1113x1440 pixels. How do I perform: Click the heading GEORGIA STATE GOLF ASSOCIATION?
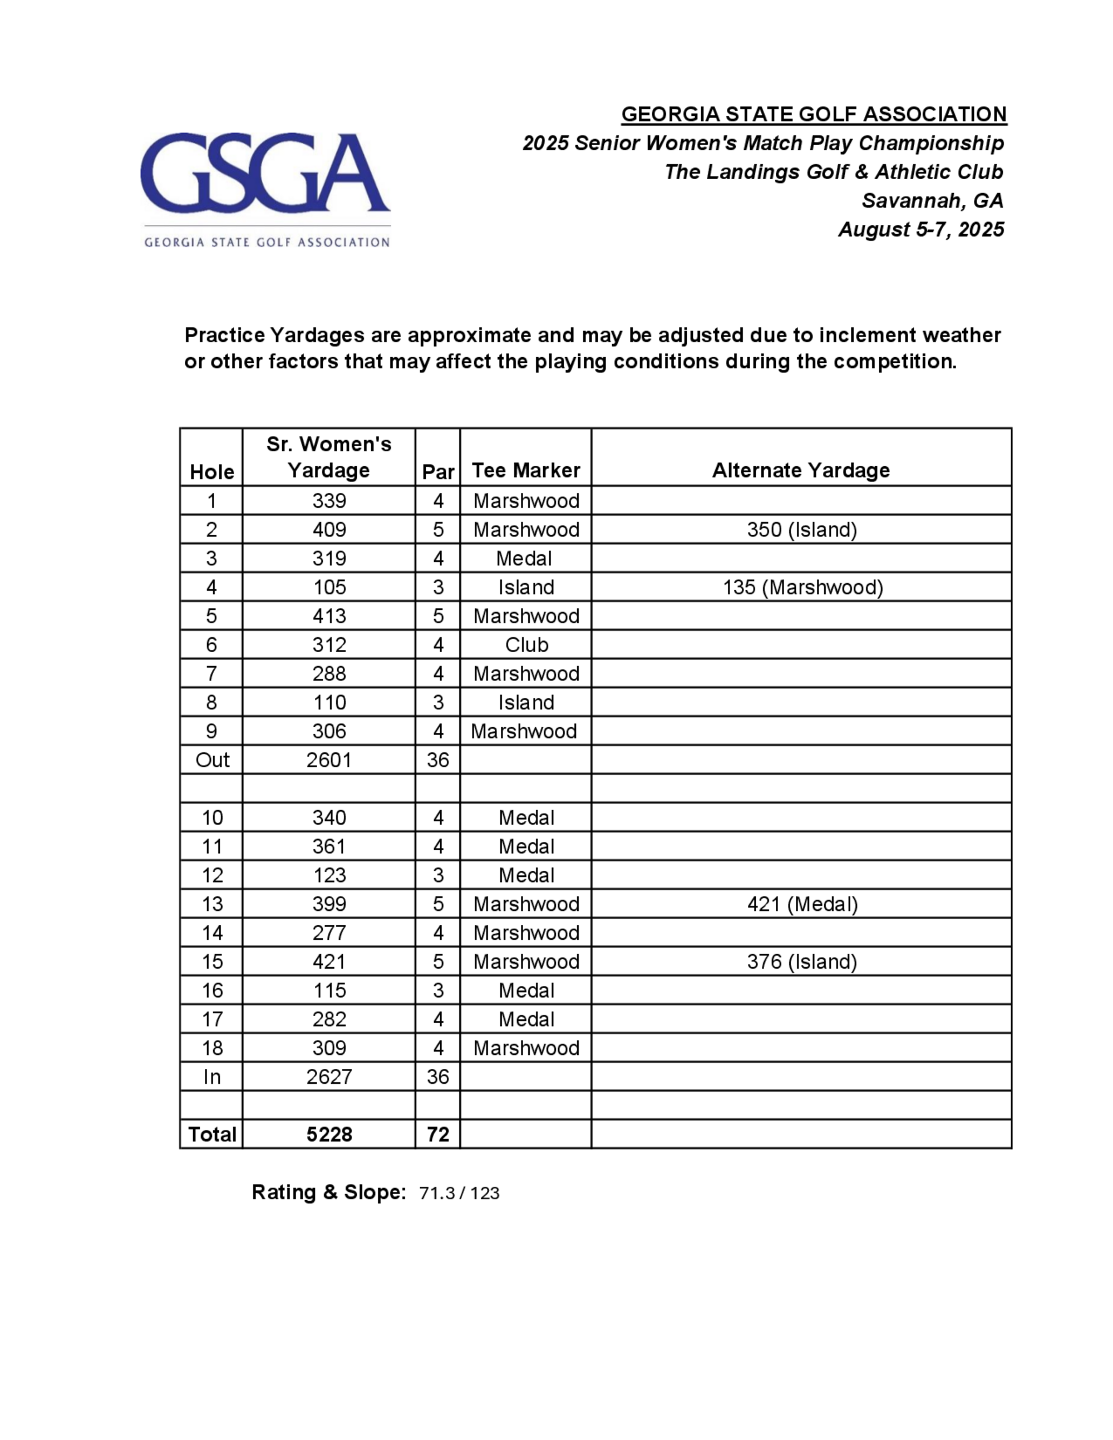[814, 114]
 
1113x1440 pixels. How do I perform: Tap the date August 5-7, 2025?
[920, 229]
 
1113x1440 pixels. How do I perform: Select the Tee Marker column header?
[525, 470]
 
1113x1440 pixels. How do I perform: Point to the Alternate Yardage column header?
[800, 470]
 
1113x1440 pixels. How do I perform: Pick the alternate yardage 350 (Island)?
[802, 530]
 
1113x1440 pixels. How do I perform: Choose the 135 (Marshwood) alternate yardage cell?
[802, 587]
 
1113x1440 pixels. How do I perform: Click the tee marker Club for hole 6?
[526, 644]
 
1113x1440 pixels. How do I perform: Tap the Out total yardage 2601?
[329, 760]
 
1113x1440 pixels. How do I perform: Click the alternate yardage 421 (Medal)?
[802, 904]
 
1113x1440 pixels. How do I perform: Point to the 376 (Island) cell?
[802, 961]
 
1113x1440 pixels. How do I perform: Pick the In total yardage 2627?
[329, 1077]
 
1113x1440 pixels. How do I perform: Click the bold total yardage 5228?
[329, 1134]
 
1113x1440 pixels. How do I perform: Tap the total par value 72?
[438, 1134]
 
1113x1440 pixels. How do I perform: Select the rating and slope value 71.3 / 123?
[459, 1193]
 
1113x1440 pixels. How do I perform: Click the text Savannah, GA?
[932, 200]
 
